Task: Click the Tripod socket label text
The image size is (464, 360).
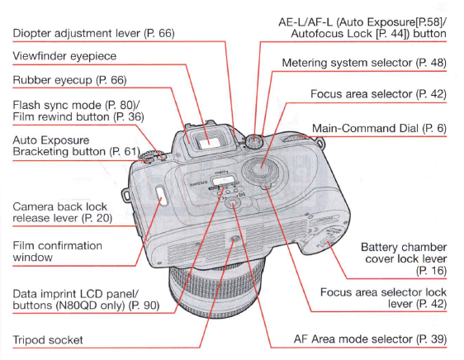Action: [x=48, y=339]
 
